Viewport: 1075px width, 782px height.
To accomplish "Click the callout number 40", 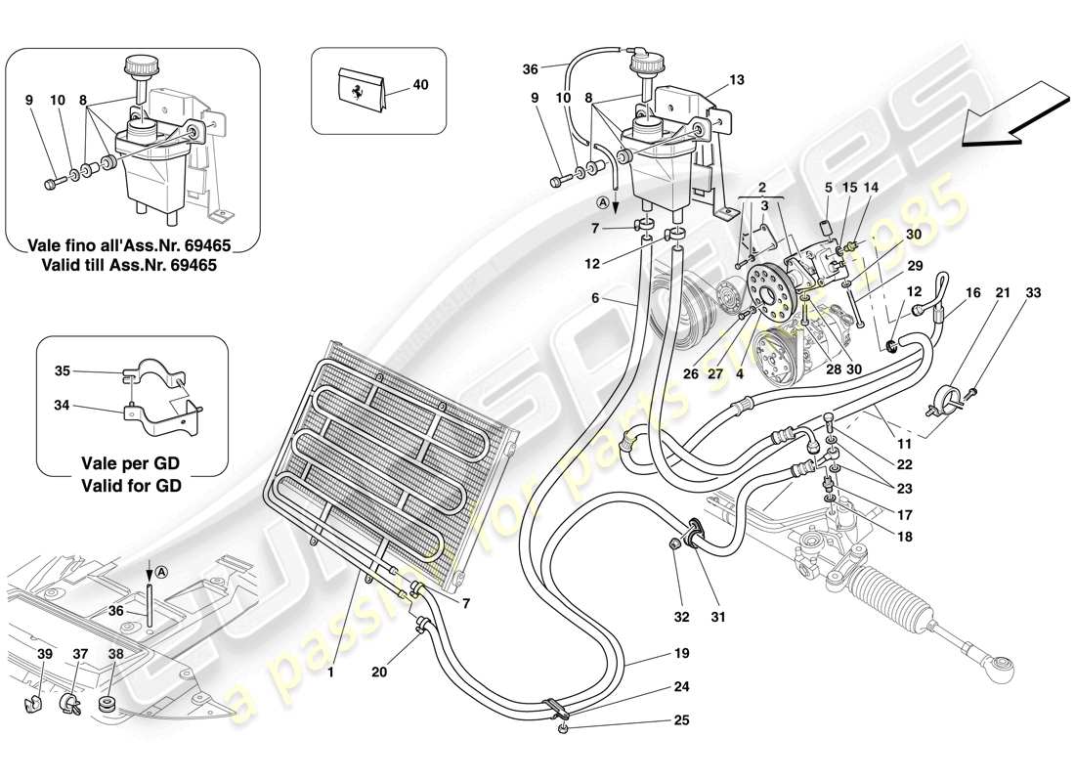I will [419, 85].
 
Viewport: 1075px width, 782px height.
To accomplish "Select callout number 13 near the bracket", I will [736, 79].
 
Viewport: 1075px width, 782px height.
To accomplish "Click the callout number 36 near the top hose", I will [531, 68].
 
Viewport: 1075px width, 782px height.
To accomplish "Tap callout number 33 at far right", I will [1034, 292].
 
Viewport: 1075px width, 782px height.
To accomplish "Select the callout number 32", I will [681, 617].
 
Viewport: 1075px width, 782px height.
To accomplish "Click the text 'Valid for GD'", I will [132, 483].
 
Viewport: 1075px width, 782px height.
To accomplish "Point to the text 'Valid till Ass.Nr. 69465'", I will [132, 264].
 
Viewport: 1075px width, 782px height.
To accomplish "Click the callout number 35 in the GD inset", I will [62, 371].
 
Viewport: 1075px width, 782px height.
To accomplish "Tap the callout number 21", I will [1003, 292].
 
